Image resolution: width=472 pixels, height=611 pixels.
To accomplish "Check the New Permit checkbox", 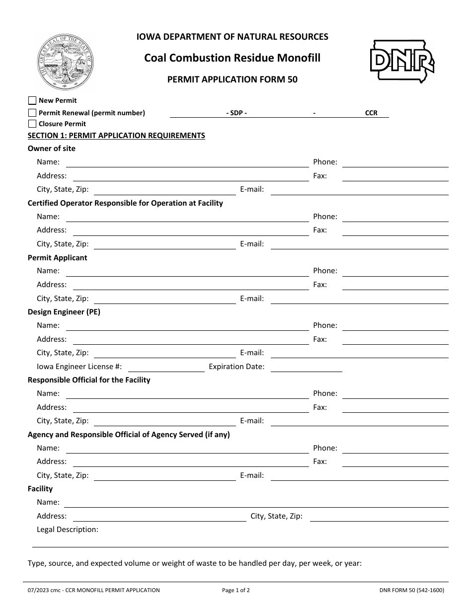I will (x=33, y=101).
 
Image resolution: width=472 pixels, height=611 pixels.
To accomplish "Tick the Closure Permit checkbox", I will (x=33, y=124).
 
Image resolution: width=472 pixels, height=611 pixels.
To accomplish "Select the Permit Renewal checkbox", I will (x=33, y=113).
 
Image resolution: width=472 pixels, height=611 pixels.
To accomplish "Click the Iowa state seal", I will (x=66, y=62).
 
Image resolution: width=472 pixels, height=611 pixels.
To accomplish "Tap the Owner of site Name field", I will (x=187, y=162).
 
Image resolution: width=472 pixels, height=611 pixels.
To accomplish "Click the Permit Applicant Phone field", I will (x=395, y=271).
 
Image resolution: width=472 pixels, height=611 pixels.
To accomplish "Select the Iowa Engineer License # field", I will (x=166, y=367).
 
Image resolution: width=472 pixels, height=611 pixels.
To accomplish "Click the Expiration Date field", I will (x=307, y=367).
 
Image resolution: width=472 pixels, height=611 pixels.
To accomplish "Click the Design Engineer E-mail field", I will (x=359, y=353).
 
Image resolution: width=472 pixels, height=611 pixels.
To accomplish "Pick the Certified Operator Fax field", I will (x=395, y=230).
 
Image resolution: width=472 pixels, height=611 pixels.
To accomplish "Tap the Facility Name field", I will (x=256, y=503).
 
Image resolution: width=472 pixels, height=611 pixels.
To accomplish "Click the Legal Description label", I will (x=68, y=530).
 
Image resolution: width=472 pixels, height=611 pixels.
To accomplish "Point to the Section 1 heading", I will (x=116, y=136).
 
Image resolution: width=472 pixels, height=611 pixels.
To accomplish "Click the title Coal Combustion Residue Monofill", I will (x=232, y=58).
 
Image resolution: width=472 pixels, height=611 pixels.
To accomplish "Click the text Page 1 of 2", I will (x=236, y=591).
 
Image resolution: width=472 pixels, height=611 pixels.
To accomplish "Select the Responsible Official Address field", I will (x=191, y=408).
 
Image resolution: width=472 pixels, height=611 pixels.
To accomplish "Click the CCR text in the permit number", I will (x=371, y=113).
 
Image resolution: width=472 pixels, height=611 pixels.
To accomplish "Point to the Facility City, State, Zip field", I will (x=379, y=517).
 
